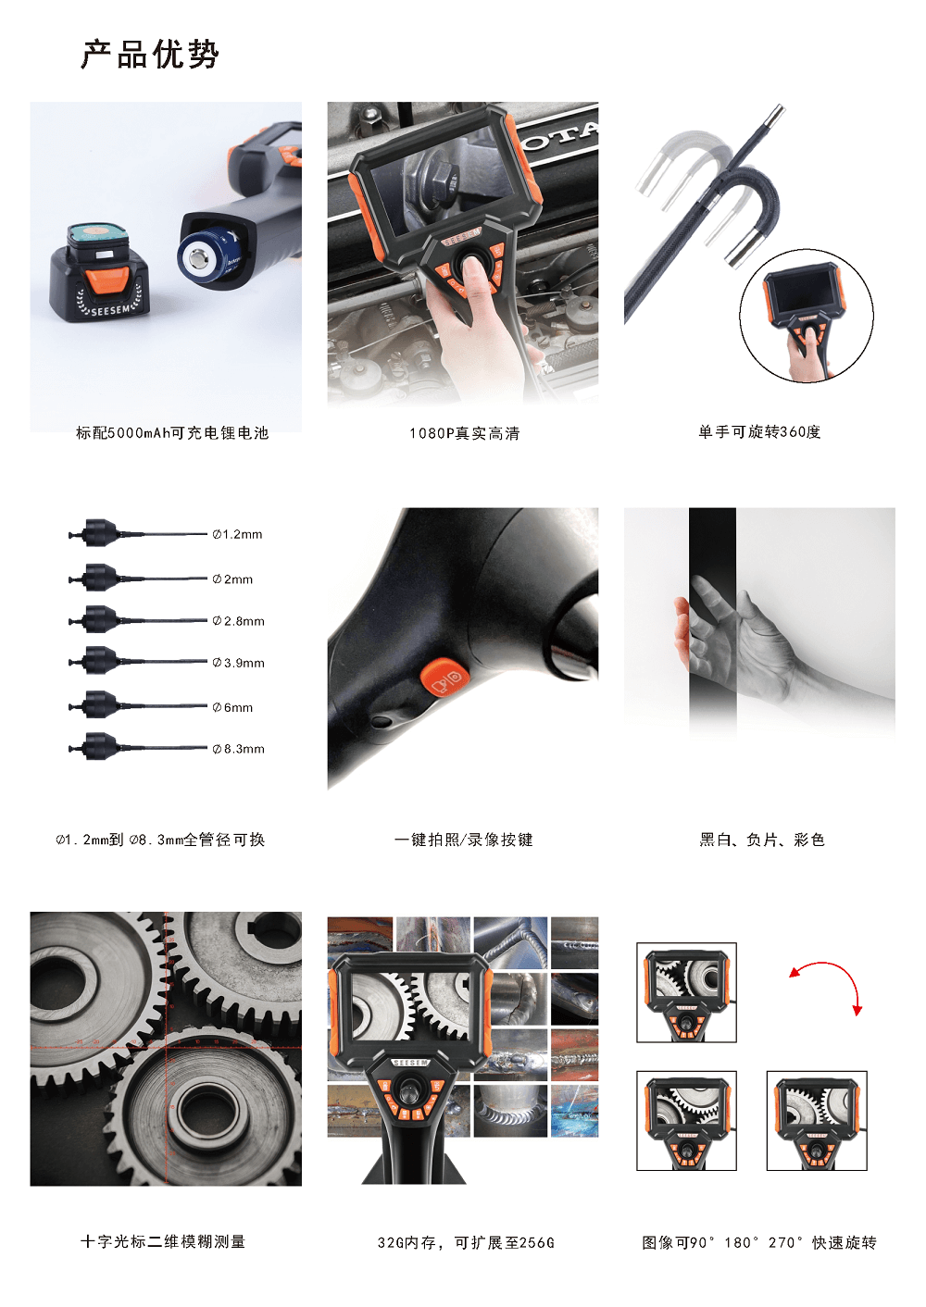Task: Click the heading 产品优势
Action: [150, 55]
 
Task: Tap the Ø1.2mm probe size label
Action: [237, 534]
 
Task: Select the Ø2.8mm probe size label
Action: [238, 621]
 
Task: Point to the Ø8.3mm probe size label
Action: [238, 749]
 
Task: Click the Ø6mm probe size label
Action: [232, 708]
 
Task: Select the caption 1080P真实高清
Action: [464, 433]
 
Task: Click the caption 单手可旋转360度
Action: [759, 432]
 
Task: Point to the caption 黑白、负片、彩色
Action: [762, 840]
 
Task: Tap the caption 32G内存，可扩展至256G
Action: [466, 1243]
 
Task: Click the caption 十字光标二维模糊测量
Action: [163, 1241]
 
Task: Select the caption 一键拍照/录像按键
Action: [464, 840]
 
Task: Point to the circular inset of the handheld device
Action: [807, 317]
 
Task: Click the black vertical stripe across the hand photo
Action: [712, 618]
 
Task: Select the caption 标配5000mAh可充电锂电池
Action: [172, 433]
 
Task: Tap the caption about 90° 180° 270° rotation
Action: [759, 1243]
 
